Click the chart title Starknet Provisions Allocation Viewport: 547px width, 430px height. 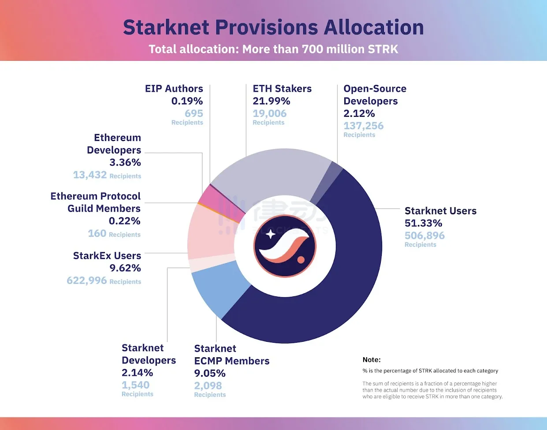click(x=273, y=27)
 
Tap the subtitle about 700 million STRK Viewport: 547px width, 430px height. click(x=273, y=49)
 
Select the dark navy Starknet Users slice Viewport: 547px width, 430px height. click(x=344, y=273)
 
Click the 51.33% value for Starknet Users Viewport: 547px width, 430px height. click(x=423, y=223)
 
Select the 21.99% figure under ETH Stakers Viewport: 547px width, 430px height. click(x=271, y=101)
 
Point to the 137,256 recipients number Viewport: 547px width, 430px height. click(x=363, y=126)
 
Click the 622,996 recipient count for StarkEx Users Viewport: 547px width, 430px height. click(x=87, y=280)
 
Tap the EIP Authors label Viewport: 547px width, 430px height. click(x=174, y=89)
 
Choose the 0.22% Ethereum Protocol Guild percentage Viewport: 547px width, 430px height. click(x=125, y=221)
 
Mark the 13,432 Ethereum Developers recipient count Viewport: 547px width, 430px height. click(x=90, y=175)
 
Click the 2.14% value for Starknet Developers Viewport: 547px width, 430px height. click(x=137, y=373)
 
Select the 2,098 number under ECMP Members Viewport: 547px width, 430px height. click(x=208, y=385)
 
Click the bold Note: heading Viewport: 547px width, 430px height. click(x=372, y=360)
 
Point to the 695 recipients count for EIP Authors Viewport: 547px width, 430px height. click(x=193, y=113)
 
